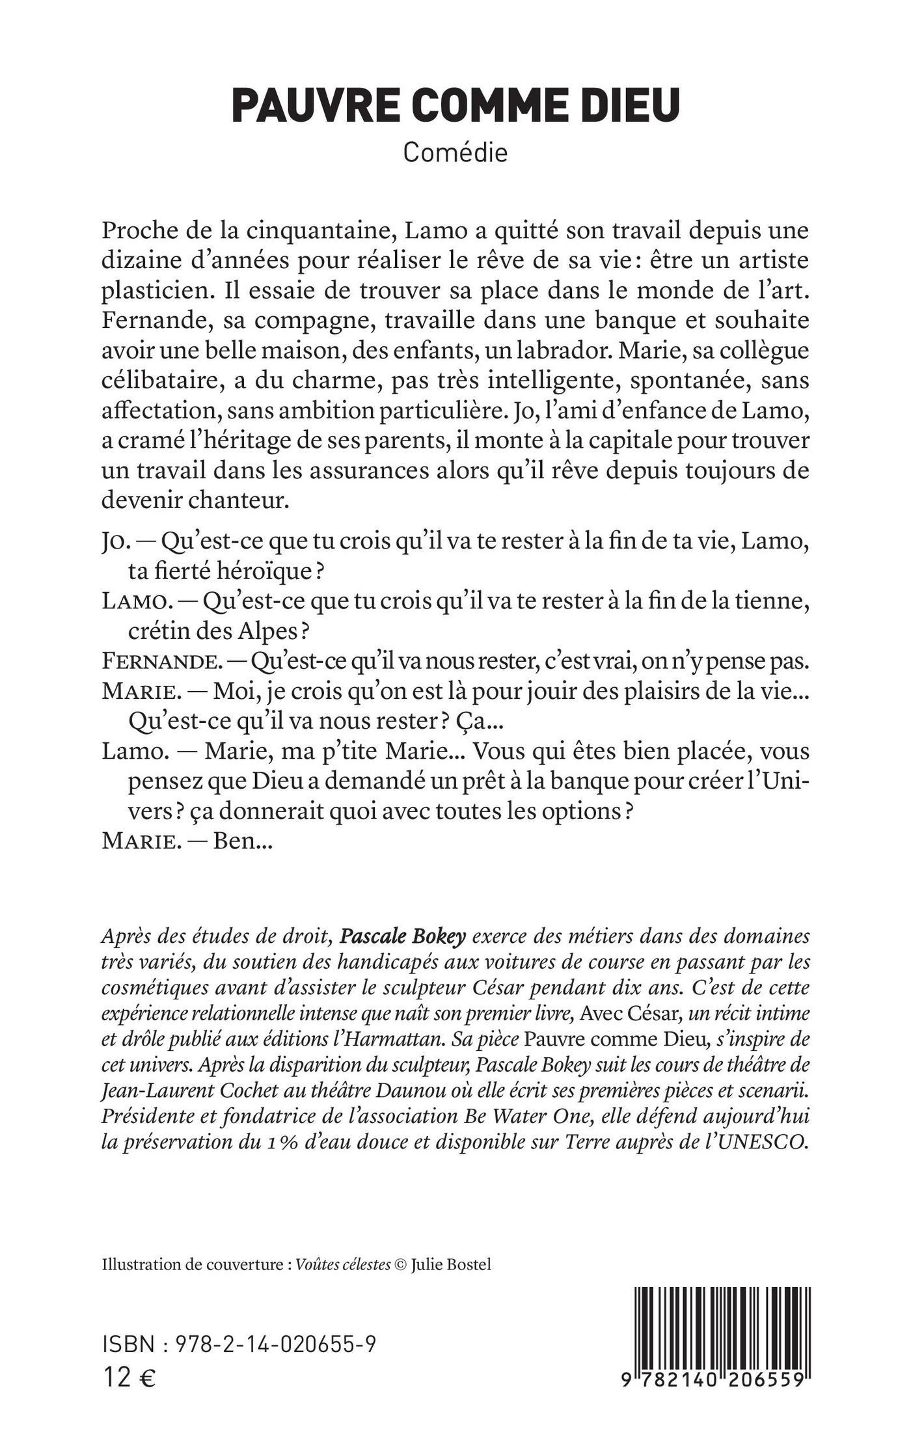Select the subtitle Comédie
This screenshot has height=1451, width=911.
pyautogui.click(x=455, y=153)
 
